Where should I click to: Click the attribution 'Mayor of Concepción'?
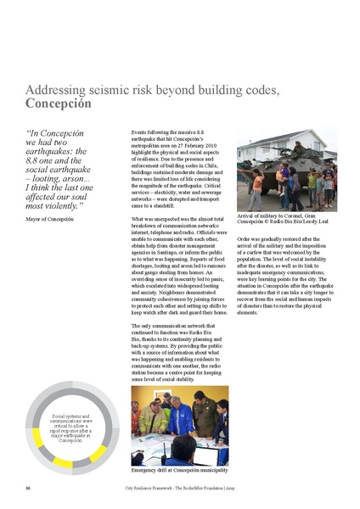coord(49,219)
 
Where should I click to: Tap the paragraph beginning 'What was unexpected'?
coord(180,267)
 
